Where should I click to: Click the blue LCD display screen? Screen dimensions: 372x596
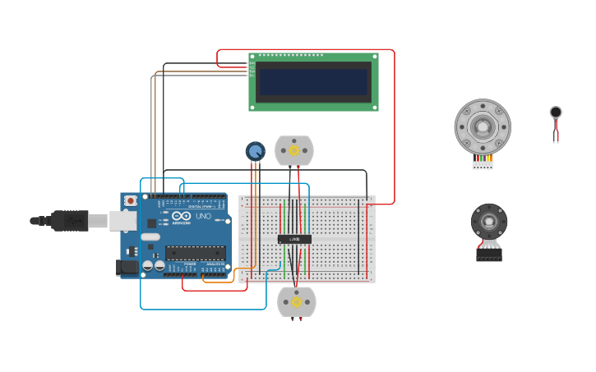tap(313, 81)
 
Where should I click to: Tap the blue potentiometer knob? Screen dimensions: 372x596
tap(256, 151)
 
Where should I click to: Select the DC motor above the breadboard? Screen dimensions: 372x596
tap(294, 150)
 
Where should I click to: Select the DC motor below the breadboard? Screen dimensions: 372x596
tap(297, 301)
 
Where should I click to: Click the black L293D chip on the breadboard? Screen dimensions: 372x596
tap(294, 239)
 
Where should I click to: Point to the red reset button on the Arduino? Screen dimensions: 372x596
tap(130, 200)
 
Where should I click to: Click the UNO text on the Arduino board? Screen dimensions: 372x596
tap(202, 216)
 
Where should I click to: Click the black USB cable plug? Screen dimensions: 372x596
tap(70, 220)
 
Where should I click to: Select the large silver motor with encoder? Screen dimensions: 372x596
tap(483, 126)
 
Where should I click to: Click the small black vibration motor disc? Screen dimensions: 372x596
tap(556, 112)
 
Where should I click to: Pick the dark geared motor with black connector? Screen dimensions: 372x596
tap(489, 221)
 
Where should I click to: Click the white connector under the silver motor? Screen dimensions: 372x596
tap(483, 164)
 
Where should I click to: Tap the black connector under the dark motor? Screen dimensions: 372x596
tap(489, 255)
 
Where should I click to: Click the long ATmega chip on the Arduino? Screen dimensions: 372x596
tap(196, 253)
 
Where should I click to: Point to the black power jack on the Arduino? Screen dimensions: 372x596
tap(127, 266)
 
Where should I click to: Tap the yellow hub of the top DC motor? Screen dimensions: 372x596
tap(294, 150)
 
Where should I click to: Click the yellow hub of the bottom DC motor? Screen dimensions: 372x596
tap(297, 302)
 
